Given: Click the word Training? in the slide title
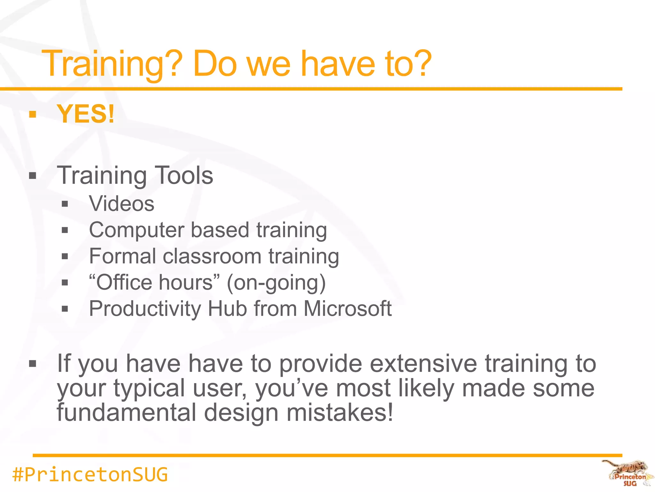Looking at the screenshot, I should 112,64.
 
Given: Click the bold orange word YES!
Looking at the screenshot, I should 85,114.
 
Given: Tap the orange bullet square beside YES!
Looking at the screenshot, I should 32,114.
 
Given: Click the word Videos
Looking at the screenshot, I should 122,204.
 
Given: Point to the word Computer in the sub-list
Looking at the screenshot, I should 137,230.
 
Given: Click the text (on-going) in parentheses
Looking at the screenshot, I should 276,283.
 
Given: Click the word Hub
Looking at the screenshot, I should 227,309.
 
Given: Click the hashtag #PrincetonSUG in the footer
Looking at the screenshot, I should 90,474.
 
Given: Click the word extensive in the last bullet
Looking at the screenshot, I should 423,364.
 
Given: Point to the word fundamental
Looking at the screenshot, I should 126,413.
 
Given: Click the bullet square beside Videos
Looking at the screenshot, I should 65,204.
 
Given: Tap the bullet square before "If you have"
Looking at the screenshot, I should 32,364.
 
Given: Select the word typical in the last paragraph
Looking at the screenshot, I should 149,389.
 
